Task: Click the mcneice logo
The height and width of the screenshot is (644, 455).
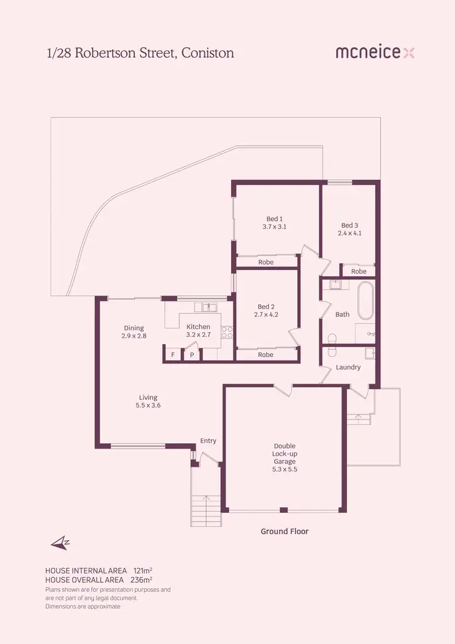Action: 375,53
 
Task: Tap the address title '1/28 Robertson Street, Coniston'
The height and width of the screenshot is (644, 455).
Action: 140,53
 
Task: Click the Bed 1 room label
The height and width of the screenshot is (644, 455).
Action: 274,223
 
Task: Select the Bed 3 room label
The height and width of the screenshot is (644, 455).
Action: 349,228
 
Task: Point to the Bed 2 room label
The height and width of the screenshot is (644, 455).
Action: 266,311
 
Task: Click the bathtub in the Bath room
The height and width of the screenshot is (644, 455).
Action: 366,301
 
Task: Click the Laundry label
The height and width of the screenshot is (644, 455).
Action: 348,367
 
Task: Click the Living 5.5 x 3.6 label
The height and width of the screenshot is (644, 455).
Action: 149,401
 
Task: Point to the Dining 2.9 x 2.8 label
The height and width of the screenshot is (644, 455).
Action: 133,332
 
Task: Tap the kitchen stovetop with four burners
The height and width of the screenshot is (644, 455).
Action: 227,332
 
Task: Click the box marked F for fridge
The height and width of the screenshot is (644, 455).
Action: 173,354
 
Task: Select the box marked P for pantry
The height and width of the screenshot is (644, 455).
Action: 192,354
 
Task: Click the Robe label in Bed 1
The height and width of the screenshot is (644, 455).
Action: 266,262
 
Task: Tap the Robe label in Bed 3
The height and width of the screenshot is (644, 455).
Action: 359,271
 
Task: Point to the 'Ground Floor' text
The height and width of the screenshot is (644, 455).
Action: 285,531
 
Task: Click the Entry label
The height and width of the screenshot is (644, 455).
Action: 208,441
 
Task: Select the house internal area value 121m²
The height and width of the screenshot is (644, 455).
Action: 143,571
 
